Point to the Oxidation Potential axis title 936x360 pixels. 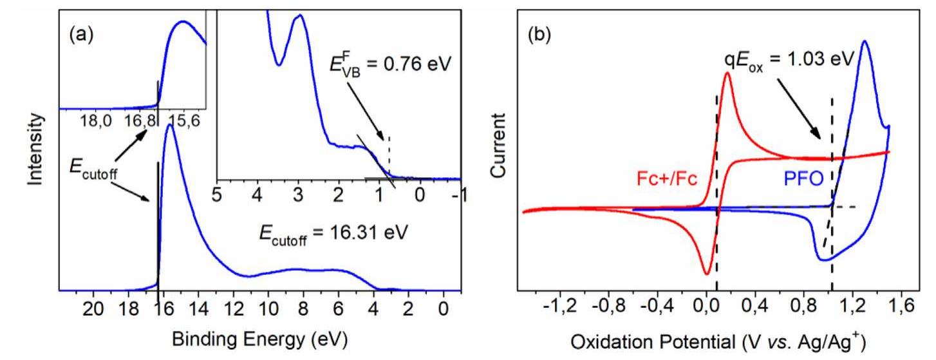(x=714, y=339)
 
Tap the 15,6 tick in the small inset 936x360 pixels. (x=183, y=120)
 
